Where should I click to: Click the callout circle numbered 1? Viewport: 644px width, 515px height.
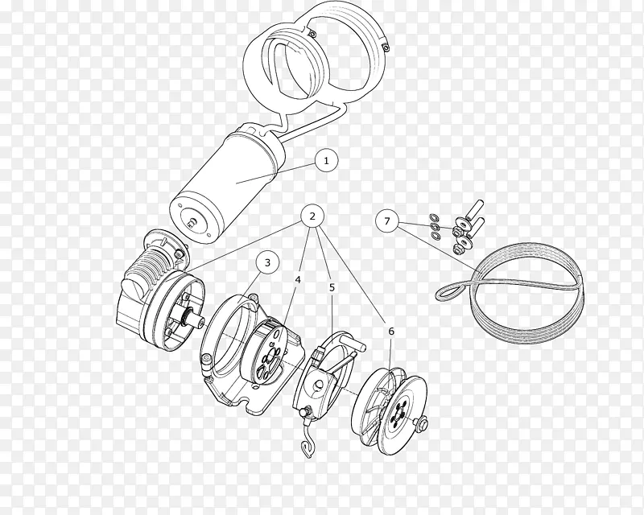(x=327, y=161)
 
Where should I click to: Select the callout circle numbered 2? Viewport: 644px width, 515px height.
(x=312, y=216)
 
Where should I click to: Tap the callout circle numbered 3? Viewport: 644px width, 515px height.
(x=267, y=262)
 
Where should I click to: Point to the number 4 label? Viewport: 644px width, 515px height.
(x=298, y=280)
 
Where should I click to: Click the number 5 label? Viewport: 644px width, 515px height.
(x=332, y=287)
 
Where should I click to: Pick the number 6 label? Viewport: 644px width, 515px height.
(x=391, y=331)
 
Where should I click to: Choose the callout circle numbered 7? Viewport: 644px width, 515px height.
(x=387, y=221)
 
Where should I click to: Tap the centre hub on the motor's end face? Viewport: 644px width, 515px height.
(x=191, y=222)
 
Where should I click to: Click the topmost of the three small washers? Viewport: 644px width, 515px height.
(x=433, y=216)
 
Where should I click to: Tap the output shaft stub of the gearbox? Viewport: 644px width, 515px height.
(x=196, y=319)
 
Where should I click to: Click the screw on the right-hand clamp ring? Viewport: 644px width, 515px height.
(x=386, y=48)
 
